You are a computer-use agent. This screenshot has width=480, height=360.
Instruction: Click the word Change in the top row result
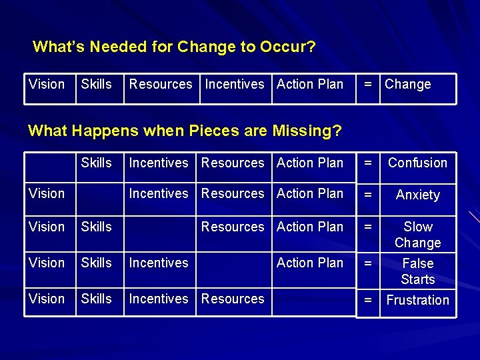408,85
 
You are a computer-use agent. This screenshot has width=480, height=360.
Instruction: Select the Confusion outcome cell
417,163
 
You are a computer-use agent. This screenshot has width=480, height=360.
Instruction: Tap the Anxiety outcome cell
417,195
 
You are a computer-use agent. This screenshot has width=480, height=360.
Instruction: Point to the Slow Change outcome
417,235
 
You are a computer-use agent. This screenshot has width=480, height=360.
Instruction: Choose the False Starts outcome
417,271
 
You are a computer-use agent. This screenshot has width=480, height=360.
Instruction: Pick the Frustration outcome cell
417,300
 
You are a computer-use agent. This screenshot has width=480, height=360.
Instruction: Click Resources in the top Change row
161,84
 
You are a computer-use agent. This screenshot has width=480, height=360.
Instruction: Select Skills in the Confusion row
97,163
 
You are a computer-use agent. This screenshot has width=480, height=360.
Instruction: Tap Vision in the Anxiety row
47,193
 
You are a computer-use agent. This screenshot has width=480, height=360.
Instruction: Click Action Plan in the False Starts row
310,263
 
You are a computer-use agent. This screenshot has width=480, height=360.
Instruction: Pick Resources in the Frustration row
233,299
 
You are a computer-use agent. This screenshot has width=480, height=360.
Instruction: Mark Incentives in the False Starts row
159,263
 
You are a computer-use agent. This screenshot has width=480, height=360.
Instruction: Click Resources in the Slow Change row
233,227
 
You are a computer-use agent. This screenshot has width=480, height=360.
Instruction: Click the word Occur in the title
285,47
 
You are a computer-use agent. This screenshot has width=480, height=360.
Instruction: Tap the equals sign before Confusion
367,163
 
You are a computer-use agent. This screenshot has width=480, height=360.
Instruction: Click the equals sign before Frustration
367,300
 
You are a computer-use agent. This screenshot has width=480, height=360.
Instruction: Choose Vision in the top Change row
47,84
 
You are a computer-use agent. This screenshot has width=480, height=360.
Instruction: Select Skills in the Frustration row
97,299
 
